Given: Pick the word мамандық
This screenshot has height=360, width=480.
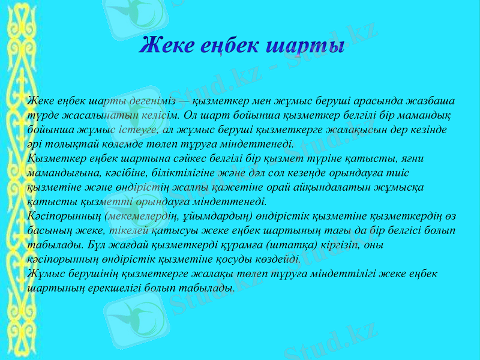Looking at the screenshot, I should coord(430,114).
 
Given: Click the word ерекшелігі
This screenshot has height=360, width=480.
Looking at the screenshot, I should coord(105,287).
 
